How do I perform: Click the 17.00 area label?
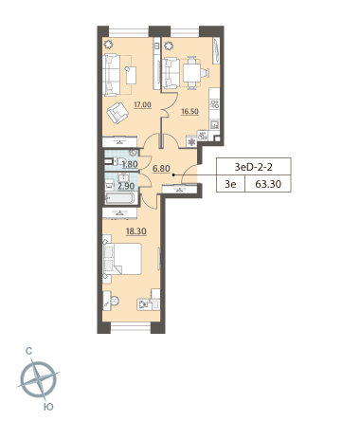pyautogui.click(x=142, y=104)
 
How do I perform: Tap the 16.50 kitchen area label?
pyautogui.click(x=189, y=111)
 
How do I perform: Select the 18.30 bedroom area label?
pyautogui.click(x=136, y=231)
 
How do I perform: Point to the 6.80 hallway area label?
pyautogui.click(x=161, y=169)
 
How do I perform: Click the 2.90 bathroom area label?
pyautogui.click(x=126, y=186)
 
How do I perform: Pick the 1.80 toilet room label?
pyautogui.click(x=130, y=164)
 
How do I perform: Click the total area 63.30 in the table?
pyautogui.click(x=268, y=184)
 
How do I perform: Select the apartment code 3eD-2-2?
pyautogui.click(x=253, y=167)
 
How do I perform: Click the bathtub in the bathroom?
pyautogui.click(x=120, y=198)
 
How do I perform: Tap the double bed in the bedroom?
pyautogui.click(x=122, y=259)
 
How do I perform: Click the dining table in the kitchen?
pyautogui.click(x=191, y=73)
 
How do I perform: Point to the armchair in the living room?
pyautogui.click(x=117, y=113)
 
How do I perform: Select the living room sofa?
pyautogui.click(x=112, y=75)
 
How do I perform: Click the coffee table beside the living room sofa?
pyautogui.click(x=131, y=75)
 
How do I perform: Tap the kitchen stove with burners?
pyautogui.click(x=215, y=104)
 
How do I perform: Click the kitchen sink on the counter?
pyautogui.click(x=215, y=124)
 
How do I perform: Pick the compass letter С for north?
pyautogui.click(x=29, y=351)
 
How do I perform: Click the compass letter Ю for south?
pyautogui.click(x=48, y=407)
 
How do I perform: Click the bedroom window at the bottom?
pyautogui.click(x=131, y=327)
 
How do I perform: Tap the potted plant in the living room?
pyautogui.click(x=109, y=45)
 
